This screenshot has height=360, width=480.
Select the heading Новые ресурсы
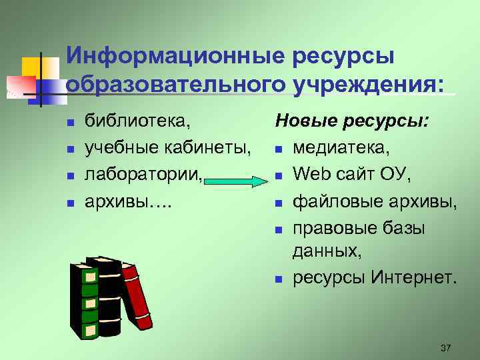click(x=353, y=121)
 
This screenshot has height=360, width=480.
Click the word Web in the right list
click(x=312, y=174)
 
